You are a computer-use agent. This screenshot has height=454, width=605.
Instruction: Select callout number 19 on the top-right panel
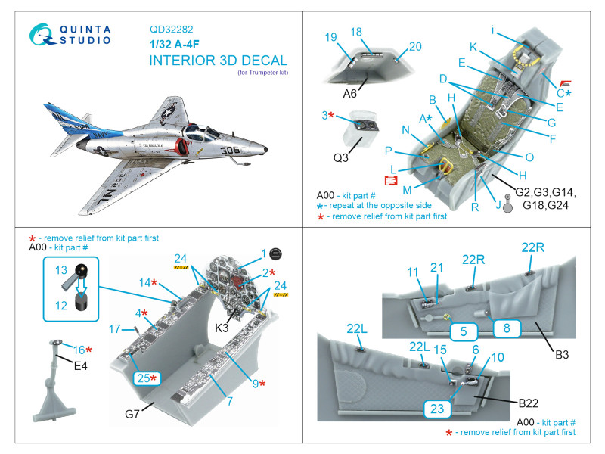coord(330,37)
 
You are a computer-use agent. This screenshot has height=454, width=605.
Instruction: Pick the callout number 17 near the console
coord(115,330)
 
